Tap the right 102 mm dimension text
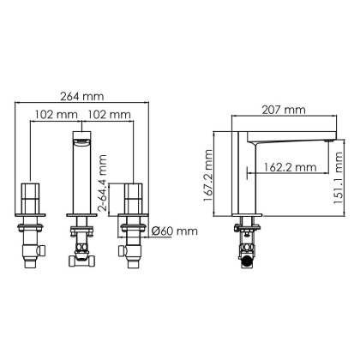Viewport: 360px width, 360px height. pyautogui.click(x=110, y=114)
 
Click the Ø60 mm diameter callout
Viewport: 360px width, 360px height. pyautogui.click(x=175, y=231)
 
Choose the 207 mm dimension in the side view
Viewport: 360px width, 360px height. pyautogui.click(x=283, y=110)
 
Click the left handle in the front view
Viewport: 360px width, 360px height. pyautogui.click(x=30, y=200)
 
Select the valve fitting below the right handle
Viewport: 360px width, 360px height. pyautogui.click(x=132, y=246)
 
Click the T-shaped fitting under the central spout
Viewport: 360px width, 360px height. pyautogui.click(x=81, y=249)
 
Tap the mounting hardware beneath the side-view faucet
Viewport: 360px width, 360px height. pyautogui.click(x=247, y=244)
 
